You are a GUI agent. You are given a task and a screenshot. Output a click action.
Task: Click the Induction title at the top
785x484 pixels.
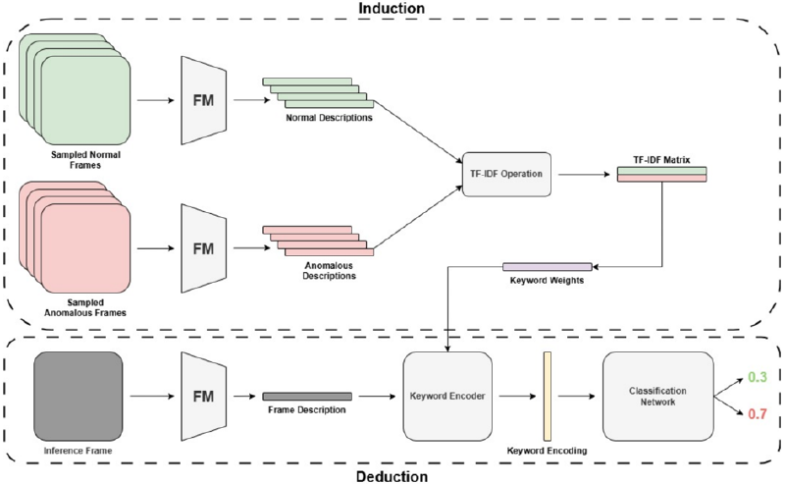click(x=392, y=8)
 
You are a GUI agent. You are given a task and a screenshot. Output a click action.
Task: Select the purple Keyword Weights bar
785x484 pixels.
click(x=547, y=266)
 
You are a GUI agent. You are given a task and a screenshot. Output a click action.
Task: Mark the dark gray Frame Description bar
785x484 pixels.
click(x=306, y=396)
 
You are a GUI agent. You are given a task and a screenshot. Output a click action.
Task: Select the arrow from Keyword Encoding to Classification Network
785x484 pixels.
click(x=575, y=396)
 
